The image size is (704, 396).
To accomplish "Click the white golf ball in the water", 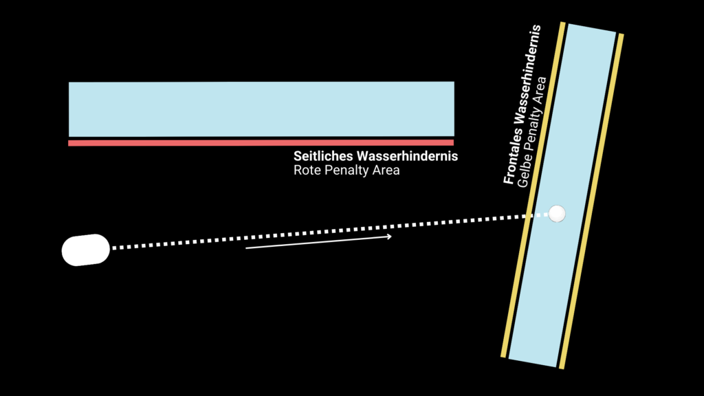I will tap(557, 214).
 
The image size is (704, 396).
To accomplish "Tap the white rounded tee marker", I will tap(86, 250).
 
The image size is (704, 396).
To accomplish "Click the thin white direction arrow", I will tap(316, 242).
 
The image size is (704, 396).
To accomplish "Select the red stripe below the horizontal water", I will tap(261, 143).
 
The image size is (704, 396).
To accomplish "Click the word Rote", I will tap(306, 170).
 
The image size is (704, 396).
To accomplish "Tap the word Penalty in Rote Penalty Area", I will tap(346, 170).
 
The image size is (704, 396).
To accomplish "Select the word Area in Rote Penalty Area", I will tap(386, 170).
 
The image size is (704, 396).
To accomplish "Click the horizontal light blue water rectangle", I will tap(261, 109).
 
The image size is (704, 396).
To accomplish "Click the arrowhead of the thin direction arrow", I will tap(390, 236).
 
